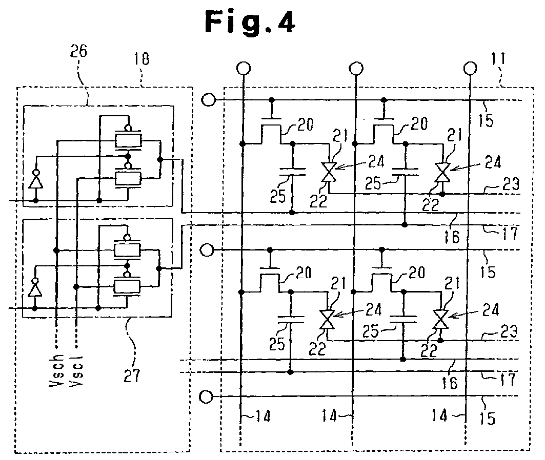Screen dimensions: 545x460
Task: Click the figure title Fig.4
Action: point(250,22)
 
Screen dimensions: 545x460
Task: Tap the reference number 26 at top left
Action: point(78,51)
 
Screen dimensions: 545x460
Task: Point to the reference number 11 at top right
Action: point(498,59)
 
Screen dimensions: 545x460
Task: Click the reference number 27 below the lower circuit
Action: point(132,375)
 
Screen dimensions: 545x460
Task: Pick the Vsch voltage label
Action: point(57,370)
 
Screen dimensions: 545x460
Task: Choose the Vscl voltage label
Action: point(76,370)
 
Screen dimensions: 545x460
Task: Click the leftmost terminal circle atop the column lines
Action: point(244,68)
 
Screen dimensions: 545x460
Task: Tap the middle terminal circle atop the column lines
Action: point(356,68)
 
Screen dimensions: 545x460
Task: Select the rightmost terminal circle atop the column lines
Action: point(470,68)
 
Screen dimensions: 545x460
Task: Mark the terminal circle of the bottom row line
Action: point(206,396)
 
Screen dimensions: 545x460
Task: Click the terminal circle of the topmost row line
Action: point(209,100)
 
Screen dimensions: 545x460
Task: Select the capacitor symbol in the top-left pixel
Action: point(292,172)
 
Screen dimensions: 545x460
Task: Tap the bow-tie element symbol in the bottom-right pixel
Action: point(440,319)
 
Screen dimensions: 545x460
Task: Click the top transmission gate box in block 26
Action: point(128,140)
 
